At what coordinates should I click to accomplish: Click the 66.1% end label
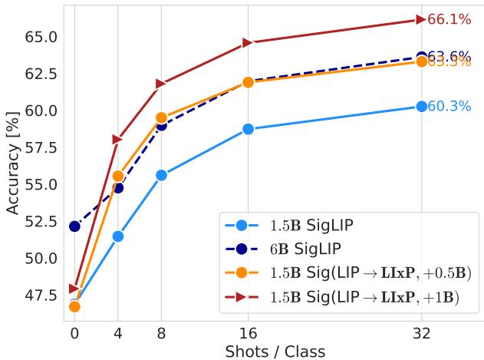click(x=449, y=20)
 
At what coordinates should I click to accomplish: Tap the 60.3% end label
click(x=449, y=107)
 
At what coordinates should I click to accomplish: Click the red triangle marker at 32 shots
click(x=421, y=20)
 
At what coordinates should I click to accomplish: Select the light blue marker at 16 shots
click(x=248, y=129)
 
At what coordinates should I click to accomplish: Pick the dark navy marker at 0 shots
click(x=74, y=226)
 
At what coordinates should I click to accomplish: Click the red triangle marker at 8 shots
click(x=161, y=83)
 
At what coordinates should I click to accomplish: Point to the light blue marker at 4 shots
click(x=118, y=236)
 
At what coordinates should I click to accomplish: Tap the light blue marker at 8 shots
click(x=161, y=175)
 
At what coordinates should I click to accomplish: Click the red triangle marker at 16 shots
click(x=248, y=42)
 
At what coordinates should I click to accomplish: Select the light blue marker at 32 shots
click(x=421, y=107)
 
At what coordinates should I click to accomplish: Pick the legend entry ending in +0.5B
click(x=368, y=272)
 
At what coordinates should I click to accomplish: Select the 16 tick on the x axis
click(x=248, y=335)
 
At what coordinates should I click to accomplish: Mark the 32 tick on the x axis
click(x=421, y=335)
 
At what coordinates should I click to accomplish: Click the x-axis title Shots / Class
click(x=275, y=352)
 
